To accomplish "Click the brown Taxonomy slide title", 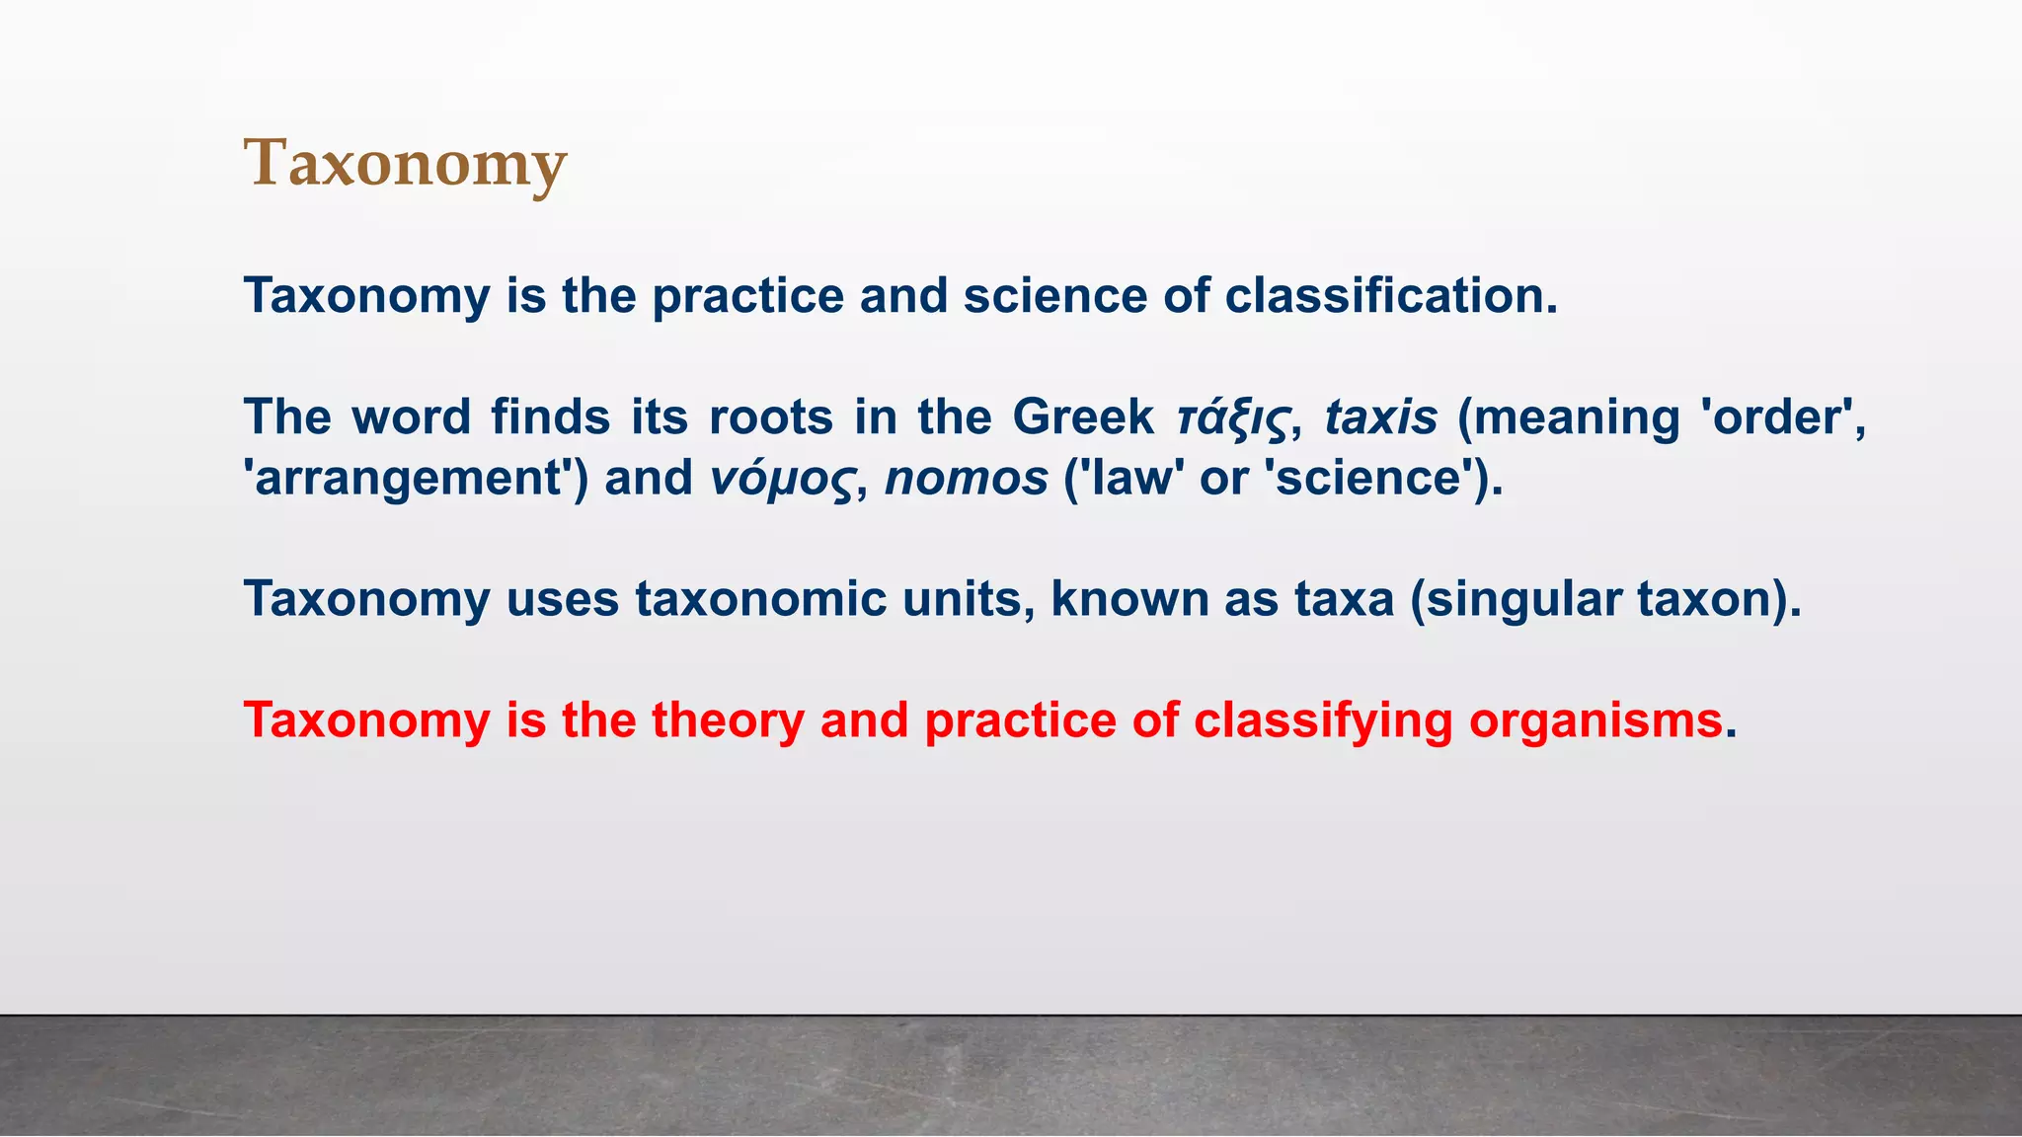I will (405, 163).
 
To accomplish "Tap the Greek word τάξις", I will (1233, 417).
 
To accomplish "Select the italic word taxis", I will (1380, 417).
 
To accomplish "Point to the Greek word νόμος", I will (781, 480).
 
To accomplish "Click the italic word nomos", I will (966, 480).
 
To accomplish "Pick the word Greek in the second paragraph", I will (1082, 417).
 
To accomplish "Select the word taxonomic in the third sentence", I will (760, 599).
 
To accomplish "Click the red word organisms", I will (1595, 720).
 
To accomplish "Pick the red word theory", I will (728, 720).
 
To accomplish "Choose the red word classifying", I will (1322, 720).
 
